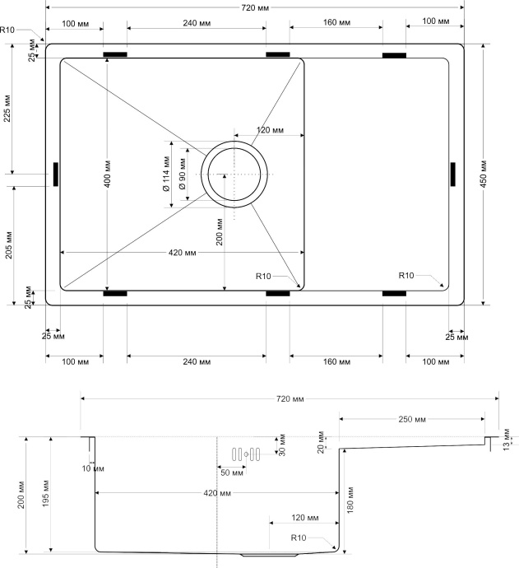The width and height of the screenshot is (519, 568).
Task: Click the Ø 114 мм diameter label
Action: point(167,175)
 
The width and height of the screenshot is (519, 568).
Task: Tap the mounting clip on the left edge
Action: point(56,174)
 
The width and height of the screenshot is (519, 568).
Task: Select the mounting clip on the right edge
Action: point(452,175)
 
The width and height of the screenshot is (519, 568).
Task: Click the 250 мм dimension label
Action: point(412,420)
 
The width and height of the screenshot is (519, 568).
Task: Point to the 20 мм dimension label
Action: point(322,443)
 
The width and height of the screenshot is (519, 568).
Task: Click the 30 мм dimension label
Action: point(280,445)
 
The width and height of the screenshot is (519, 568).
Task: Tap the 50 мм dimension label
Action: point(231,473)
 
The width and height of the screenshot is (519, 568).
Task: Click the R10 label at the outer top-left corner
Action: point(8,30)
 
